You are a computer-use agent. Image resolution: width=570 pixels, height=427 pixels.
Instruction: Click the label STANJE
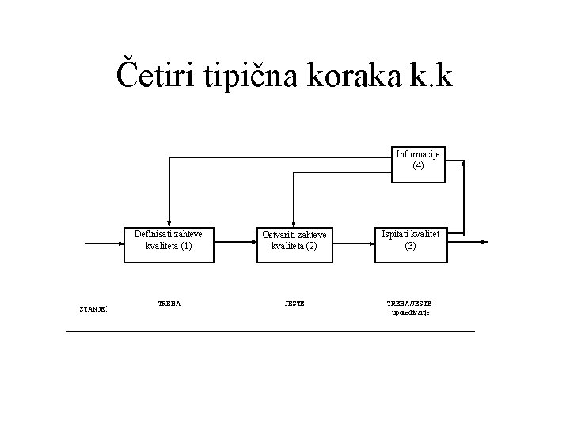(93, 308)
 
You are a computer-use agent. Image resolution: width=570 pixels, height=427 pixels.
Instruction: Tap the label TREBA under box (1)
(169, 303)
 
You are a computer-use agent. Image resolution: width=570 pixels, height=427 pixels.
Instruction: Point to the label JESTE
(294, 303)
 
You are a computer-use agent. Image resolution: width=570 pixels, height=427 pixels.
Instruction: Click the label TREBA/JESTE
(410, 303)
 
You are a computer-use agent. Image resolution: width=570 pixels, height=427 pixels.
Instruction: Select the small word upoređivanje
(410, 313)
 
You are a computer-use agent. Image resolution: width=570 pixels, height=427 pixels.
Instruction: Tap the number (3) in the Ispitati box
(410, 246)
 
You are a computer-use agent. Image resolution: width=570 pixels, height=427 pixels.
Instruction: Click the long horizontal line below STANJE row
(270, 330)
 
